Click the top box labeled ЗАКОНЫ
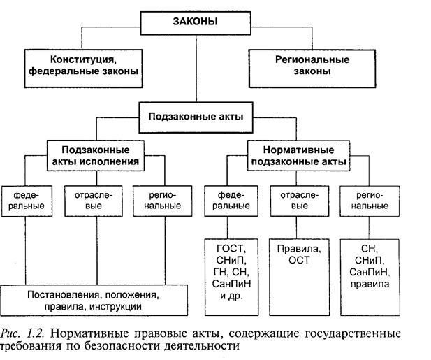[194, 22]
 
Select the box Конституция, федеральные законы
[82, 65]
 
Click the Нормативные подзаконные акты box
[298, 156]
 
